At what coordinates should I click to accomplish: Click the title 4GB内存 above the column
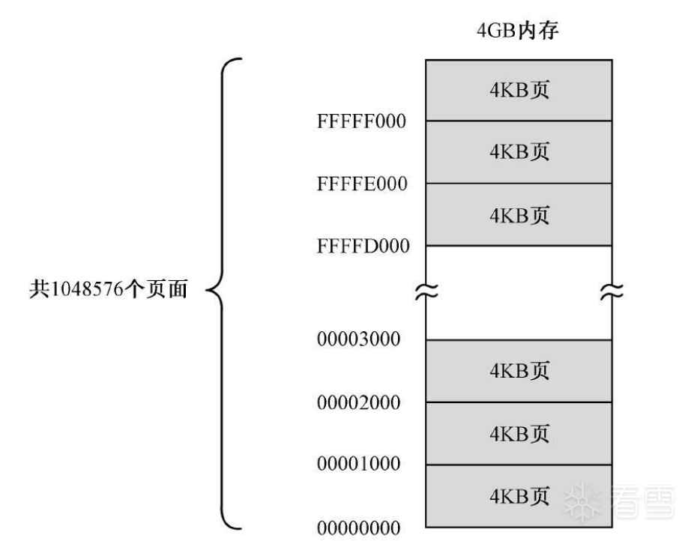tap(519, 34)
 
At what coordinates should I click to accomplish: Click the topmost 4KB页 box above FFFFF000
tap(519, 90)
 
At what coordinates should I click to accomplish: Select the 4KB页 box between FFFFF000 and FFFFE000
tap(519, 152)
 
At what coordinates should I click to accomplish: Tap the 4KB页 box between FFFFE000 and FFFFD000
tap(519, 215)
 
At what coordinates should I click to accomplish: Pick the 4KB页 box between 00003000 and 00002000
tap(519, 371)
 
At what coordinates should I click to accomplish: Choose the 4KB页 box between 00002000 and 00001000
tap(519, 434)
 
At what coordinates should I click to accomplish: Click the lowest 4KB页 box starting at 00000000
tap(519, 496)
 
